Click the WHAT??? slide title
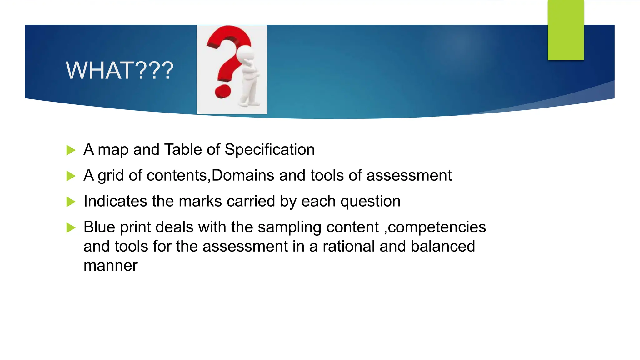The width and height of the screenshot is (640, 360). click(119, 70)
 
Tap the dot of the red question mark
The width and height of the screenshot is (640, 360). click(223, 91)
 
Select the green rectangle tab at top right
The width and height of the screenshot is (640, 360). click(566, 30)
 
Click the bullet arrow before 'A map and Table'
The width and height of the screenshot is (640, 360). click(71, 150)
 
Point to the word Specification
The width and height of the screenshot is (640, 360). click(269, 149)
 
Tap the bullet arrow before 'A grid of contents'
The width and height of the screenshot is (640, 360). click(71, 176)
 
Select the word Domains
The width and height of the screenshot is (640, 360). click(243, 175)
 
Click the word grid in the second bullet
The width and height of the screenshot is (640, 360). click(111, 175)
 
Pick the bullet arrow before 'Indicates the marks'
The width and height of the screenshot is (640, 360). click(71, 202)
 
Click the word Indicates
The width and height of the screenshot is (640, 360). click(115, 201)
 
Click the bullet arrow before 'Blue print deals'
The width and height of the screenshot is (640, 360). click(71, 228)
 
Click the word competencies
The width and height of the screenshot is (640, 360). click(437, 227)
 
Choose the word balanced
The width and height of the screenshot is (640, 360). click(443, 247)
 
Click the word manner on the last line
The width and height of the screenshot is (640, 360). click(110, 266)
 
